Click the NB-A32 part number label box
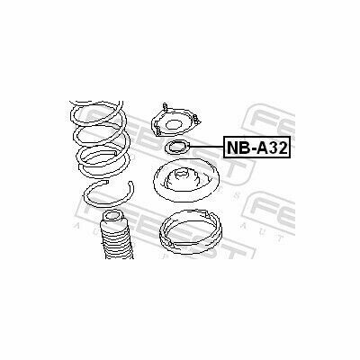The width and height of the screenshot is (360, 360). (256, 148)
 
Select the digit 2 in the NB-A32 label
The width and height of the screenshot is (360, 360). (283, 148)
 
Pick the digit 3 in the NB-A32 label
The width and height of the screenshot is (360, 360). (273, 148)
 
